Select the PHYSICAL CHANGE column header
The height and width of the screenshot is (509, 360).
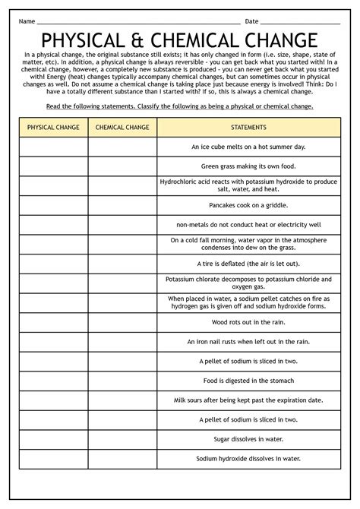pyautogui.click(x=53, y=128)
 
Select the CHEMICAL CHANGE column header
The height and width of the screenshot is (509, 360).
pyautogui.click(x=122, y=128)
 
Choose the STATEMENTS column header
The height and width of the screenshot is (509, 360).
pyautogui.click(x=248, y=128)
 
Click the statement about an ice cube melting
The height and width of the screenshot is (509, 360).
pyautogui.click(x=248, y=146)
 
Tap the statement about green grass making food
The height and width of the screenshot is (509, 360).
pyautogui.click(x=248, y=166)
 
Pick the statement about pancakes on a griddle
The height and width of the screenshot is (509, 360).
pyautogui.click(x=248, y=205)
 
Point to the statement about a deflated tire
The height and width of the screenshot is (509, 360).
pyautogui.click(x=248, y=264)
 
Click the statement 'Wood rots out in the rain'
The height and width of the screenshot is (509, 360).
pyautogui.click(x=248, y=322)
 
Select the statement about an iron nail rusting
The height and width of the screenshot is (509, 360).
pyautogui.click(x=248, y=342)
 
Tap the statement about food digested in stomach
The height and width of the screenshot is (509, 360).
pyautogui.click(x=248, y=381)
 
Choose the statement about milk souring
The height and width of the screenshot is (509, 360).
pyautogui.click(x=248, y=400)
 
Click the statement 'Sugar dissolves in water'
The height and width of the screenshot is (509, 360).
pyautogui.click(x=248, y=439)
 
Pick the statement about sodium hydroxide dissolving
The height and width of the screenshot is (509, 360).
pyautogui.click(x=248, y=458)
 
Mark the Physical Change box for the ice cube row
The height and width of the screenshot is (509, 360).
pyautogui.click(x=53, y=147)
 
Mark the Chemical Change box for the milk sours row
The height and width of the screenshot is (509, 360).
pyautogui.click(x=122, y=400)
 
